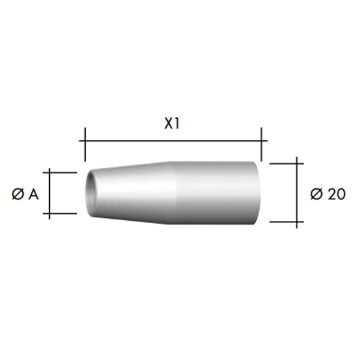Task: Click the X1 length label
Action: pyautogui.click(x=172, y=124)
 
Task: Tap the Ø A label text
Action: pyautogui.click(x=25, y=194)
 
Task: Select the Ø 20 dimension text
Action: pyautogui.click(x=328, y=194)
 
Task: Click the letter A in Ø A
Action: pyautogui.click(x=34, y=194)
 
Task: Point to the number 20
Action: pyautogui.click(x=337, y=194)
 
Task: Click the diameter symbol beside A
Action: pyautogui.click(x=17, y=194)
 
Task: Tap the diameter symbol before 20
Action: pyautogui.click(x=317, y=194)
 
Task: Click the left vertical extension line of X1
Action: pyautogui.click(x=85, y=145)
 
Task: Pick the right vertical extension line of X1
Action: pyautogui.click(x=262, y=145)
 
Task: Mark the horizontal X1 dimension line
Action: pyautogui.click(x=173, y=141)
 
